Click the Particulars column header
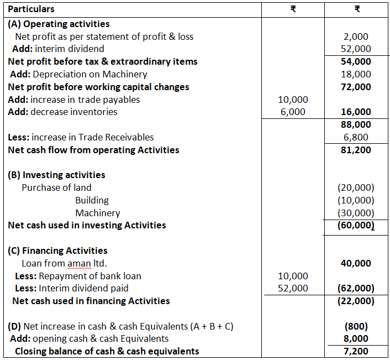(x=31, y=9)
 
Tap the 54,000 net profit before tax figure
(x=356, y=61)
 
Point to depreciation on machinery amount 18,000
(x=356, y=74)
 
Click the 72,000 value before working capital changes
(x=356, y=87)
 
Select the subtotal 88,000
(x=356, y=124)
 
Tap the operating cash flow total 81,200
(x=356, y=150)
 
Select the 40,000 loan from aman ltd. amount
(x=356, y=263)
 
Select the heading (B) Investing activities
(x=56, y=175)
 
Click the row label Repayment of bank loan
(x=89, y=276)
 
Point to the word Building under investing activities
(x=92, y=200)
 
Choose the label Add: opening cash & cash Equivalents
(x=88, y=338)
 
